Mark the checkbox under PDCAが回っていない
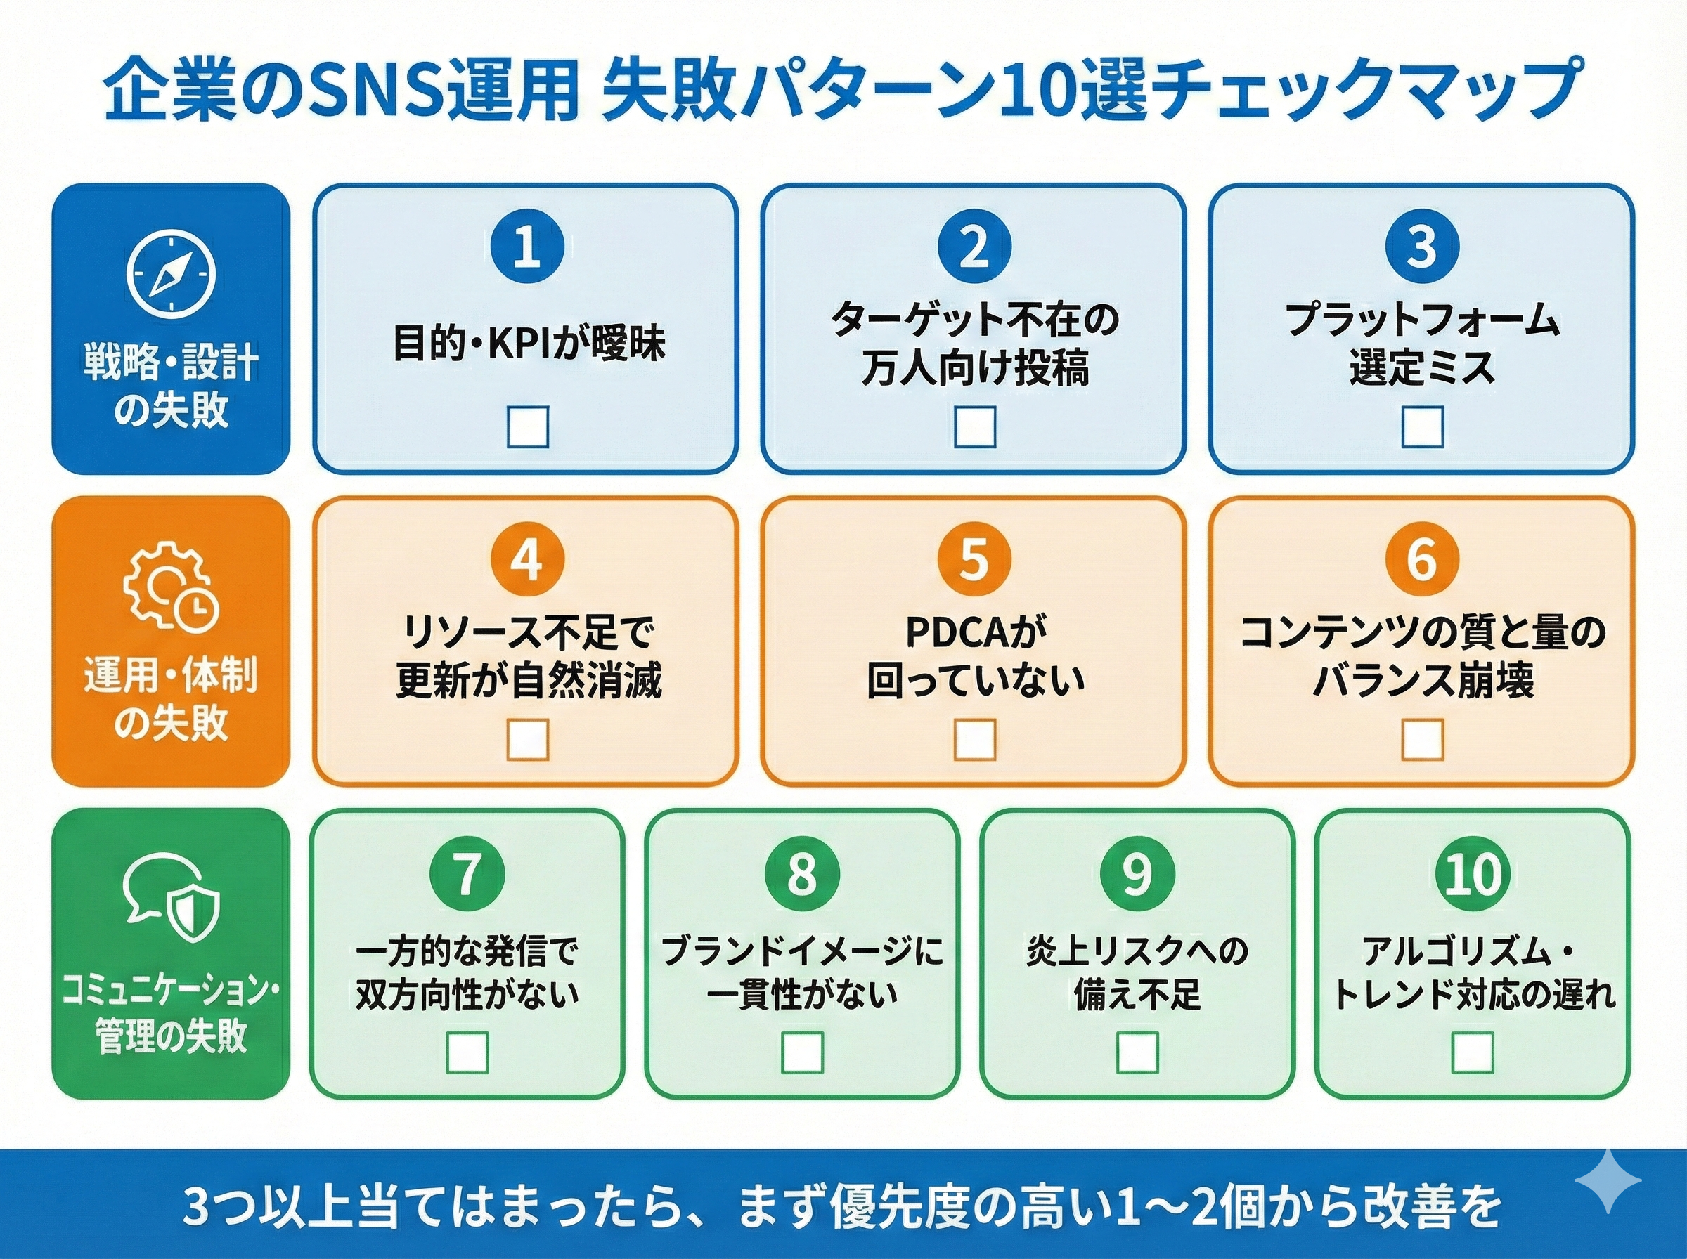click(974, 739)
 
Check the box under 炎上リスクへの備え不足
click(1137, 1052)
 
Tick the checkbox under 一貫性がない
click(803, 1052)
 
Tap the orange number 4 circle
click(527, 560)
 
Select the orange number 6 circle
click(1422, 560)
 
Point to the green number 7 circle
click(467, 873)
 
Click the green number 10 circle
click(1473, 873)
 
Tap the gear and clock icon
click(171, 585)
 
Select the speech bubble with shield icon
click(171, 899)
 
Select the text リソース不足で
click(527, 632)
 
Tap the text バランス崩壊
click(1422, 681)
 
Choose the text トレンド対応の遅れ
click(1473, 996)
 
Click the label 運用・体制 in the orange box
click(171, 675)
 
